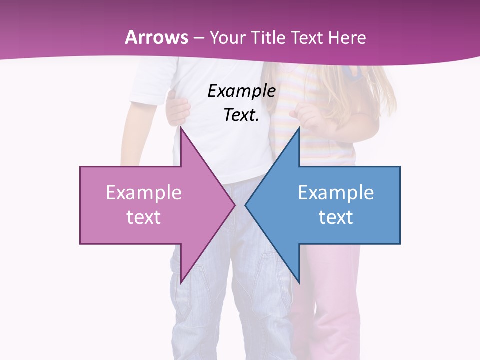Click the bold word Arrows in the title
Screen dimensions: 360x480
click(x=156, y=37)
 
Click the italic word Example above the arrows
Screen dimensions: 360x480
click(x=241, y=91)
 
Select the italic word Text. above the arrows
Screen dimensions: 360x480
click(x=241, y=115)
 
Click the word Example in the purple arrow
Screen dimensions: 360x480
click(x=144, y=193)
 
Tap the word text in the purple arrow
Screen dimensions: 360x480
click(x=144, y=217)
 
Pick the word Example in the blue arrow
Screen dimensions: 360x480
click(x=336, y=193)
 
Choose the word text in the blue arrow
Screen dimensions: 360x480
click(x=336, y=217)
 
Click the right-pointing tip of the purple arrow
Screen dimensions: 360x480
click(x=234, y=205)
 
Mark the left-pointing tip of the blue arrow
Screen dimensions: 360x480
click(x=246, y=205)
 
